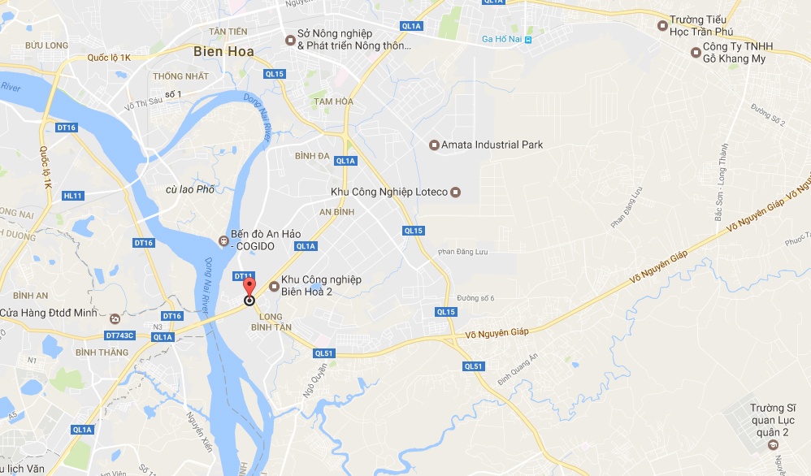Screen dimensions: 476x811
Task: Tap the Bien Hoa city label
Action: pos(223,51)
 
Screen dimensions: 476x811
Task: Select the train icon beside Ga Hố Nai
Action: pos(528,39)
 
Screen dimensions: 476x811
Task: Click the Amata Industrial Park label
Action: pos(492,145)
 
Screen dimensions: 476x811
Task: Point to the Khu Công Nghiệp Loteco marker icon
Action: pos(455,193)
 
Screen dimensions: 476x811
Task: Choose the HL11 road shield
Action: pos(73,196)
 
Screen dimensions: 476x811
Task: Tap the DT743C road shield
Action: pos(120,335)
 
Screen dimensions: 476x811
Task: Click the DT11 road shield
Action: pos(242,276)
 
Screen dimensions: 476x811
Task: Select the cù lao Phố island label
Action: pos(189,189)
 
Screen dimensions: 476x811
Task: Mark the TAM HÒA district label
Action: pos(334,101)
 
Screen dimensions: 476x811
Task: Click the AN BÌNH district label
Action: pos(336,211)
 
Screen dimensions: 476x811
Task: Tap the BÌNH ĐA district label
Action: pos(312,155)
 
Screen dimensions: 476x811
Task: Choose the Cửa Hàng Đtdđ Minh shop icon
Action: pos(115,318)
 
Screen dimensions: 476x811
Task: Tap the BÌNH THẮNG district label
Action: pos(102,352)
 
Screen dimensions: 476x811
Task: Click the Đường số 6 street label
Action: pos(475,298)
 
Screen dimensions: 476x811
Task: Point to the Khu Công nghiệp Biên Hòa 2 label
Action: pos(321,285)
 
